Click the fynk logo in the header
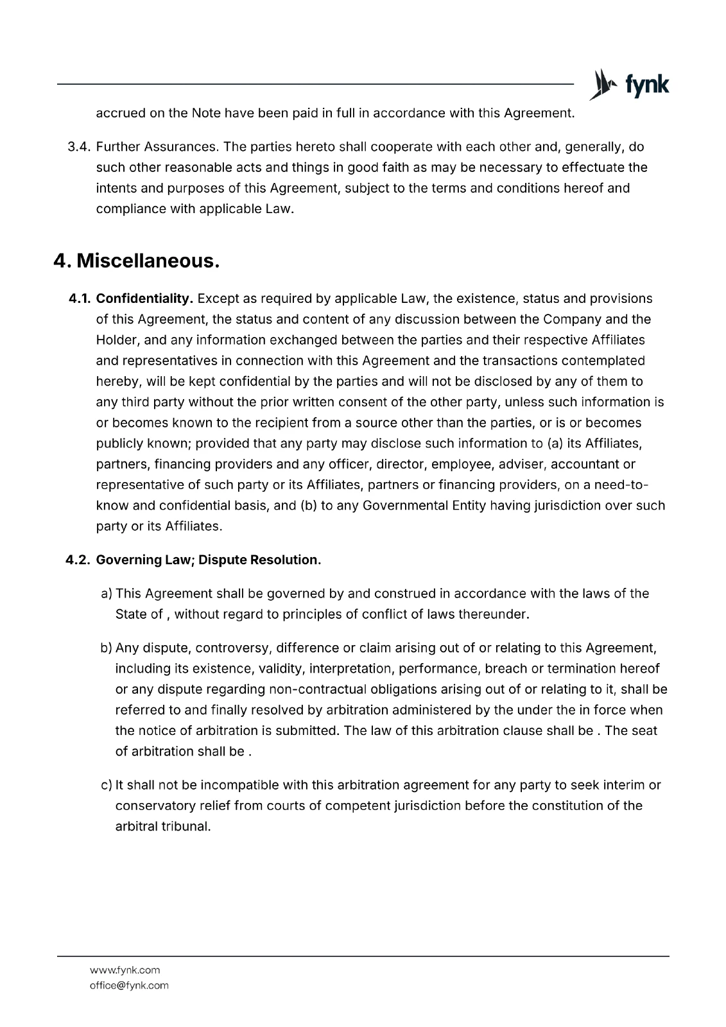pyautogui.click(x=629, y=85)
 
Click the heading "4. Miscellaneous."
pyautogui.click(x=137, y=261)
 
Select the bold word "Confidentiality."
pyautogui.click(x=145, y=298)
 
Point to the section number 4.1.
pyautogui.click(x=80, y=298)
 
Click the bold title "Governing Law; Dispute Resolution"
pyautogui.click(x=207, y=560)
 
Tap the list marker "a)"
pyautogui.click(x=107, y=594)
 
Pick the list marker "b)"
pyautogui.click(x=107, y=648)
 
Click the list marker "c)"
pyautogui.click(x=107, y=785)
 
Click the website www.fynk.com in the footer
pyautogui.click(x=125, y=970)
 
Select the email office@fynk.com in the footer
pyautogui.click(x=129, y=985)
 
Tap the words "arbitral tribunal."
pyautogui.click(x=163, y=826)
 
